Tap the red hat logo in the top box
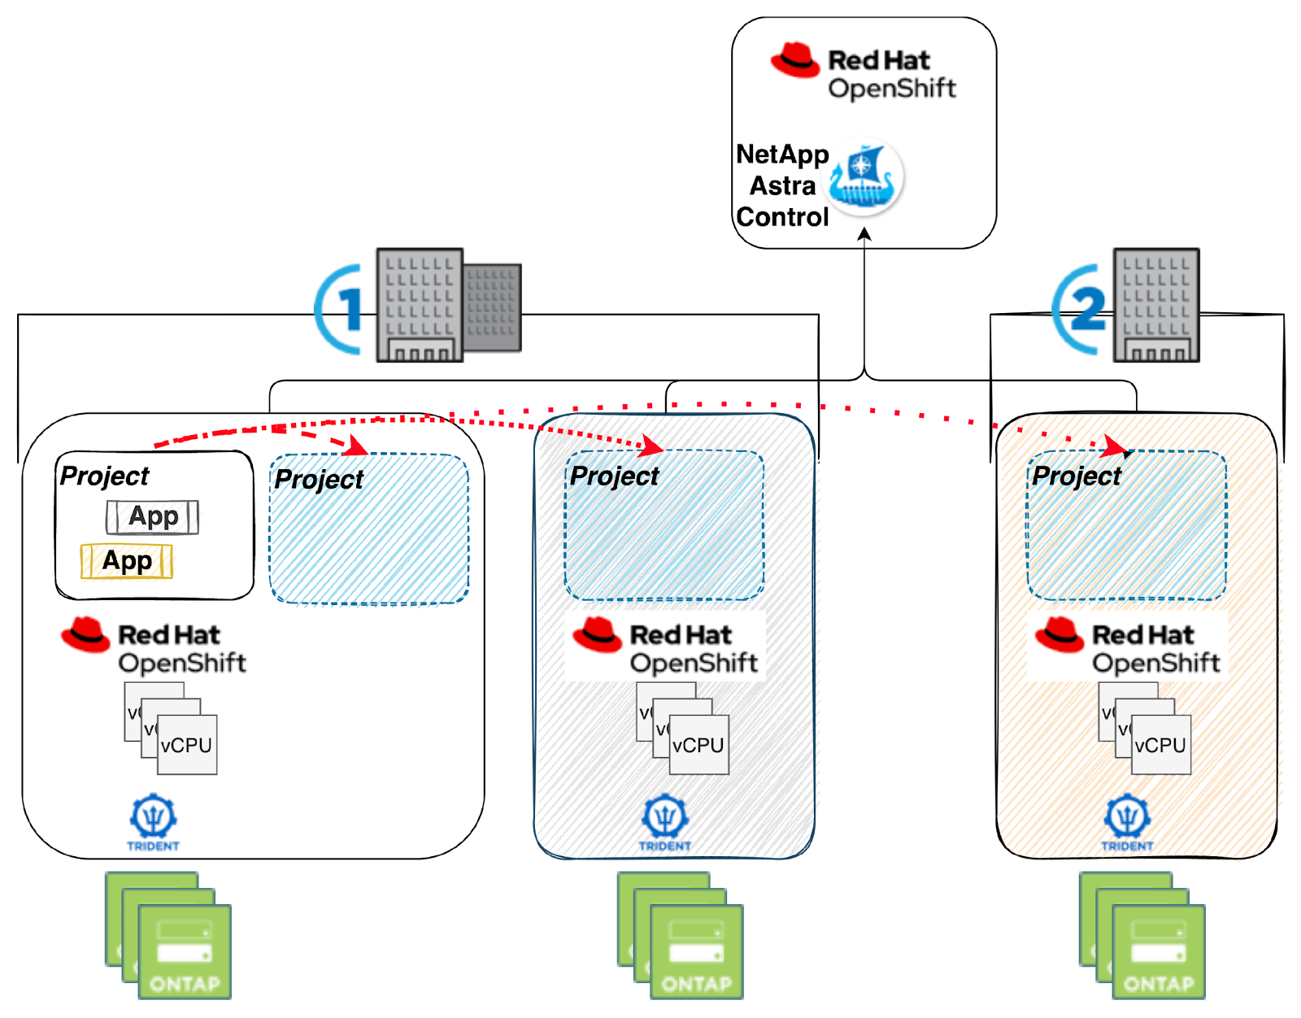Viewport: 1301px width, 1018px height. pos(795,60)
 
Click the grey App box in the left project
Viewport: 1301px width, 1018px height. pos(152,517)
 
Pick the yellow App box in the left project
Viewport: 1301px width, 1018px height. pos(127,562)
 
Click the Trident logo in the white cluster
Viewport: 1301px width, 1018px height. pos(153,821)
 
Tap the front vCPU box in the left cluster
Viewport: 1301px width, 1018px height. pos(187,745)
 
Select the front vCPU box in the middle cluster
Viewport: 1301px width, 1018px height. pos(698,745)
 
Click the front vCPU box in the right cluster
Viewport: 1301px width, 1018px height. pos(1160,745)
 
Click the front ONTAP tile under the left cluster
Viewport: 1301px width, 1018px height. pos(185,951)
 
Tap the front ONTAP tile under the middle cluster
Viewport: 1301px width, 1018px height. pos(697,951)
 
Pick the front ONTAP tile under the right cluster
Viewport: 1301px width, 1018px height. pos(1159,951)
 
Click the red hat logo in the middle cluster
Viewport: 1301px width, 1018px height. pos(598,634)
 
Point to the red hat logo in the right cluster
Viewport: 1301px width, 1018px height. pos(1060,634)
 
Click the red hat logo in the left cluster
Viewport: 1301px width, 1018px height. pos(85,634)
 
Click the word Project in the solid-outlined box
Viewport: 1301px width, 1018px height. pos(105,476)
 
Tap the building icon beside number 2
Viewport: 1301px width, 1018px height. pos(1156,306)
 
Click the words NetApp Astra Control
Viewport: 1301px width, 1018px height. pos(781,186)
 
